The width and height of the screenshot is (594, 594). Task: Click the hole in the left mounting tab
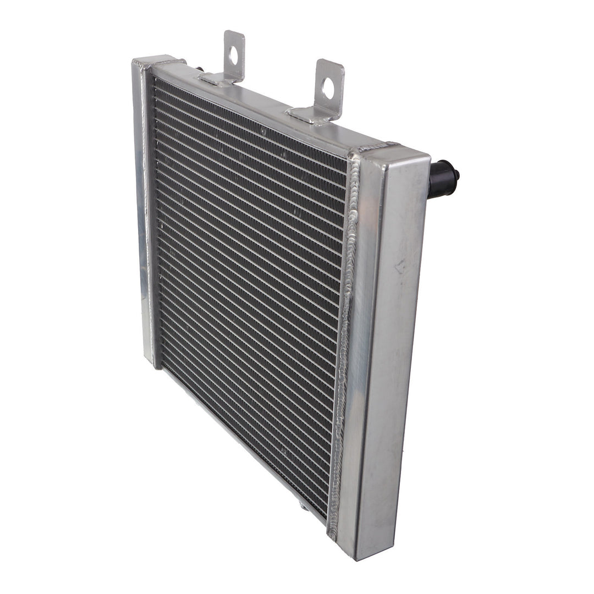pos(233,54)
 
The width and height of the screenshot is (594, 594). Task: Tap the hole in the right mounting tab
pos(328,88)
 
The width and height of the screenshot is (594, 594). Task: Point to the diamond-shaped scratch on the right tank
pos(400,267)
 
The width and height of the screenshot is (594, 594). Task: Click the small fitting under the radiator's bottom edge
pos(304,504)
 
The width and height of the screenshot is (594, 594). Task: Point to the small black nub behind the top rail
pos(199,69)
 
